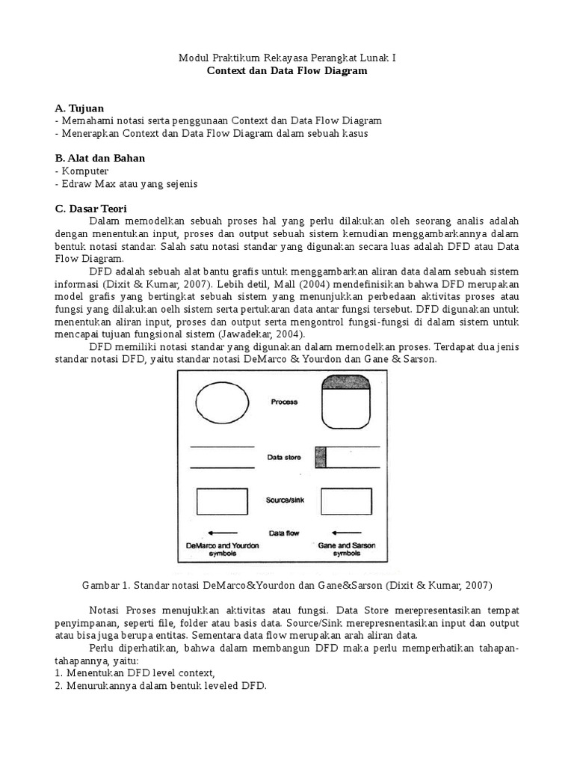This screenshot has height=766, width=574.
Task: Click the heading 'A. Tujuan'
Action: coord(79,108)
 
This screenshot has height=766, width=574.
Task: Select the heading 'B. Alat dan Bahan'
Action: coord(100,158)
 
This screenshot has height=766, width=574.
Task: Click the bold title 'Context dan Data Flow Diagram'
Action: coord(287,71)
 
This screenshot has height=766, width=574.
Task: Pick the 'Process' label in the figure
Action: coord(284,402)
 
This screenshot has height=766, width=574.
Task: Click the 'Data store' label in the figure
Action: coord(284,456)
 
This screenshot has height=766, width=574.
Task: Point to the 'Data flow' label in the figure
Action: coord(284,533)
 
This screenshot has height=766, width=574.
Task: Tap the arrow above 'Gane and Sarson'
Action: coord(347,533)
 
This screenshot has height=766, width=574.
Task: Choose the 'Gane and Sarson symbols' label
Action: coord(346,550)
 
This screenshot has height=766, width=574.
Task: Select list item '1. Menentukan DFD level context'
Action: coord(135,672)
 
